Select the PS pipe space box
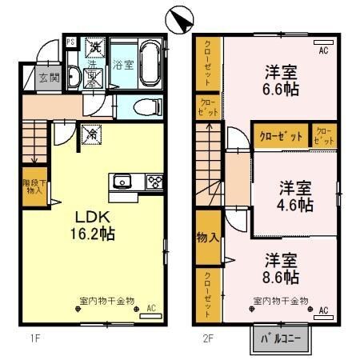(70, 43)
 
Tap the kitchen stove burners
(154, 181)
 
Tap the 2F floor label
(207, 337)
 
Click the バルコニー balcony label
(280, 338)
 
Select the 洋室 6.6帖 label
(282, 81)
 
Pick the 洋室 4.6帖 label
(295, 196)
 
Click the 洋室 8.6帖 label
(281, 269)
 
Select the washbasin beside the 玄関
(74, 78)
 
